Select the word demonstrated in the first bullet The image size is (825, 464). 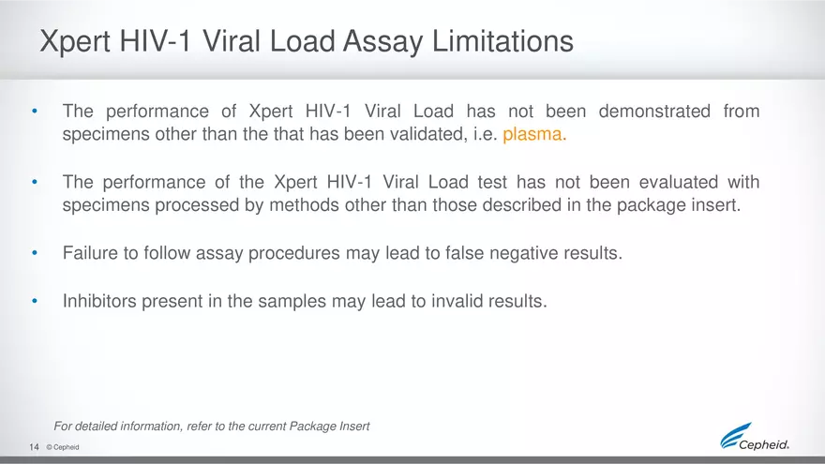[654, 112]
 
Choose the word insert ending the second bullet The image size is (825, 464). [716, 204]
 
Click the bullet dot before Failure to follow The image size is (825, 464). [35, 252]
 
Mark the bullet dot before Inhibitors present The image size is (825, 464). [35, 301]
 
